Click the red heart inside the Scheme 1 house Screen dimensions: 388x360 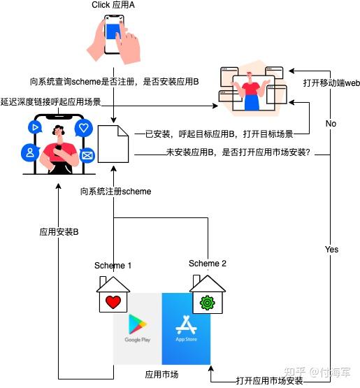[113, 303]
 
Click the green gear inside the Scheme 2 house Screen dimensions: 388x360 [207, 303]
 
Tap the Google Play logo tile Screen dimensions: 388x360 [138, 328]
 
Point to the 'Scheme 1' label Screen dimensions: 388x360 [113, 266]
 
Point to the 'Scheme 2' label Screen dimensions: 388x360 [208, 264]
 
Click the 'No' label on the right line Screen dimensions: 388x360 [331, 124]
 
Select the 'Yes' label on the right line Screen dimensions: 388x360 [331, 250]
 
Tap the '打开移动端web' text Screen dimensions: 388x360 [331, 82]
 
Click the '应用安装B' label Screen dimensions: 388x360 [59, 231]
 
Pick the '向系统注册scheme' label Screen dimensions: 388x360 [116, 191]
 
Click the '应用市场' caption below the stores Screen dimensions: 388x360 [161, 375]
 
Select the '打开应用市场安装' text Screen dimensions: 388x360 [269, 381]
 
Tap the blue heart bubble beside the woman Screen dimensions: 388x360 [84, 128]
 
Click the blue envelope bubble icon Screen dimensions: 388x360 [87, 155]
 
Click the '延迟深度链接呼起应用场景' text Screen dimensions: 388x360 [51, 101]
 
